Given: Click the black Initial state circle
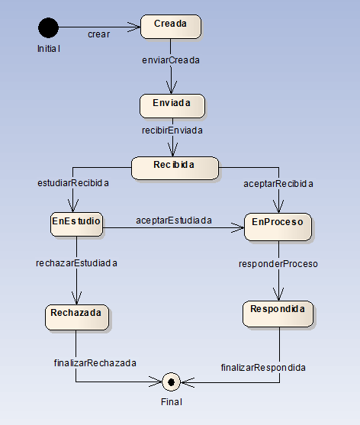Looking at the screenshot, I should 48,27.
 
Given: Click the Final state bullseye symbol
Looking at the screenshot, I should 172,381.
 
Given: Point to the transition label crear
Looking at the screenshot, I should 98,34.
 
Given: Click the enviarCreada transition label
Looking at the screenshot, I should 171,60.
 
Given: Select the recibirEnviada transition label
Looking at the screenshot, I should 172,130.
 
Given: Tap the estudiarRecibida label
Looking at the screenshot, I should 73,183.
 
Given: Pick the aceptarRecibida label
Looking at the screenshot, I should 278,184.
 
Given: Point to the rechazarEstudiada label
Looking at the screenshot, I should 76,263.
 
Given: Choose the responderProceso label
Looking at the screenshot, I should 278,264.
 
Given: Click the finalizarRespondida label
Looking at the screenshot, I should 262,367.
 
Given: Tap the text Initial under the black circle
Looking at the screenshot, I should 48,48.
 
